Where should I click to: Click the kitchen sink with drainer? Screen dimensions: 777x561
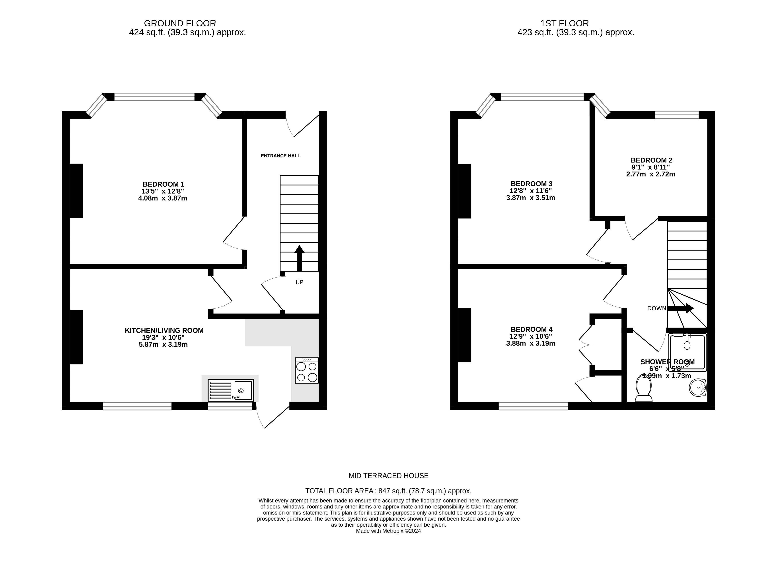[231, 390]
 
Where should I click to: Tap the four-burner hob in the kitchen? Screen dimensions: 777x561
[307, 370]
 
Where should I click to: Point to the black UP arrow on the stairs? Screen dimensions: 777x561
[299, 258]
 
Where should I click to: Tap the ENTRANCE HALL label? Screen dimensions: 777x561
[280, 156]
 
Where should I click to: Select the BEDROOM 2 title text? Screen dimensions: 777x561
[651, 160]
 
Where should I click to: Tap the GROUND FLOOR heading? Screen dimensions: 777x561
[180, 23]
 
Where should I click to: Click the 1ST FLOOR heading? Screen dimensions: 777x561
[565, 23]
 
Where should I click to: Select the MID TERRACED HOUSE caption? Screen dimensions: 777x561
[389, 476]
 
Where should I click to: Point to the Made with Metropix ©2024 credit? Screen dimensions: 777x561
[389, 531]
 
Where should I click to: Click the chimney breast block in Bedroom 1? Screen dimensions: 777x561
[76, 191]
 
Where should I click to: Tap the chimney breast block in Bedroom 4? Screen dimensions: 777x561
[465, 335]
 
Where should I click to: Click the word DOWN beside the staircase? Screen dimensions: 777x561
[656, 309]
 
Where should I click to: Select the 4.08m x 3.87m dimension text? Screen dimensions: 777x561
[163, 198]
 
